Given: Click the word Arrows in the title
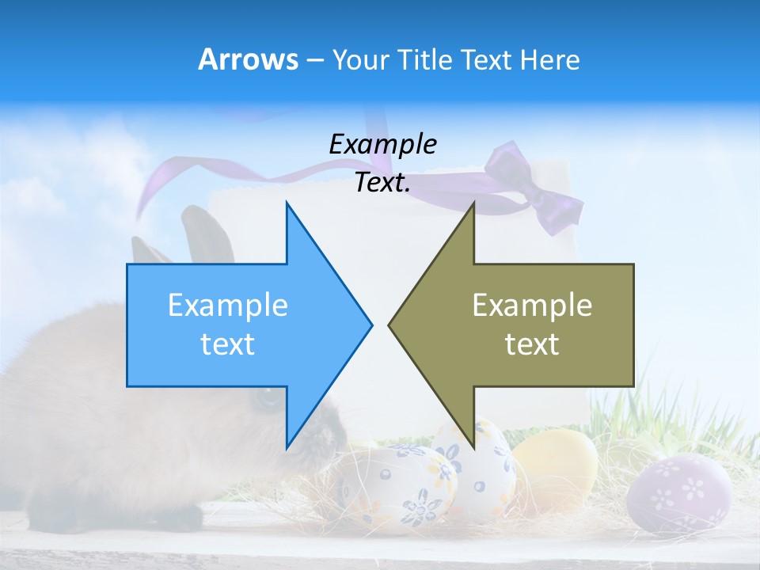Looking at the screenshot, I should coord(248,59).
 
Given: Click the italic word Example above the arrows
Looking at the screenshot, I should coord(382,144).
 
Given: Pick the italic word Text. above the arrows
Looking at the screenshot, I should coord(382,183).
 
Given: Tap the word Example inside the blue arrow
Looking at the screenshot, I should coord(228,306).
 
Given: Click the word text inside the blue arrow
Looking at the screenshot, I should coord(228,344).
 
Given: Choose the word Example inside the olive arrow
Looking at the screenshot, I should coord(532,306).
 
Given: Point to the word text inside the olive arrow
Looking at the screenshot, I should coord(532,344).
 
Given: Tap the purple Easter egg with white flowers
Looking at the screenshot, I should coord(679,493).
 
